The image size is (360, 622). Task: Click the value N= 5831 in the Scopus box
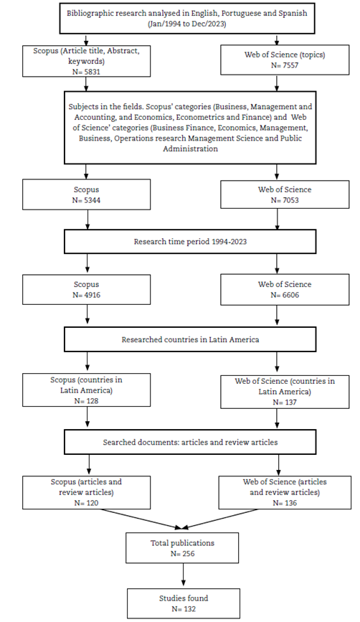point(86,72)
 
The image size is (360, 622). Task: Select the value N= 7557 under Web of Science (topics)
point(285,65)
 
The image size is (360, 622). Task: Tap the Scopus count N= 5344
point(86,200)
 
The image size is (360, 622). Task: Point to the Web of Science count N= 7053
point(285,200)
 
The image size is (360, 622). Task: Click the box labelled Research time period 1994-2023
point(190,242)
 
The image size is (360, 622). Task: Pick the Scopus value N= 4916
point(86,295)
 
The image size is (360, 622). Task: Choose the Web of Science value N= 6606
point(285,295)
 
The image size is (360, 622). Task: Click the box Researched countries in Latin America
point(190,339)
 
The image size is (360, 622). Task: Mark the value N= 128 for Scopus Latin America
point(86,401)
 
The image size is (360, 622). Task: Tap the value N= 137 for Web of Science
point(285,402)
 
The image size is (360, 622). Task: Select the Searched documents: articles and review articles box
point(190,442)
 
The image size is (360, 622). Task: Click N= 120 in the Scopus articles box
point(86,503)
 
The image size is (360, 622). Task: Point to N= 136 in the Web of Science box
point(285,503)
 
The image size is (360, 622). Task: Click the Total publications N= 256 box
point(182,548)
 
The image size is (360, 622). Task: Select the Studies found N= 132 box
point(184,603)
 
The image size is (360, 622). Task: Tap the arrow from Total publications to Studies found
point(183,575)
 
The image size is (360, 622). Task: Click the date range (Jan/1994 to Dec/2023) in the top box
point(186,24)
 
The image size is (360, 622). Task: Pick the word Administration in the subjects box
point(190,149)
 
